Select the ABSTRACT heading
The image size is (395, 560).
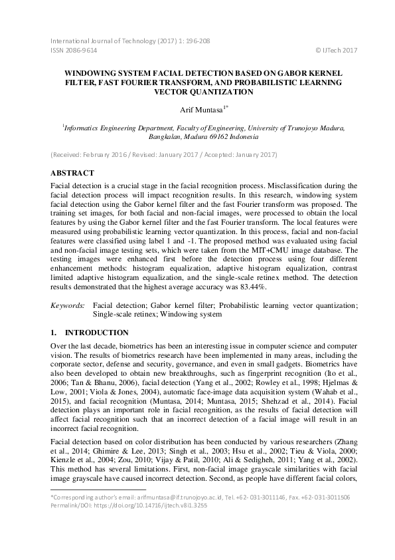coord(74,172)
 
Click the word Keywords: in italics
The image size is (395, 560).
coord(68,305)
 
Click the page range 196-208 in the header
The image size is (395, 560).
coord(197,41)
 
